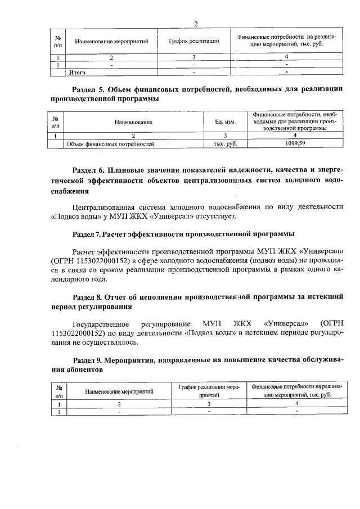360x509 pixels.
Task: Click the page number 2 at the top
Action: coord(196,24)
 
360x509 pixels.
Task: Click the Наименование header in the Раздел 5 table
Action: coord(133,121)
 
